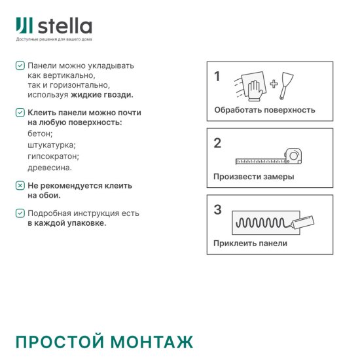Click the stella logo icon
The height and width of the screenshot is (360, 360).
23,26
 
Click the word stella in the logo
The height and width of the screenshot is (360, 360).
65,26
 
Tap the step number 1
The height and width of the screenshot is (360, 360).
217,77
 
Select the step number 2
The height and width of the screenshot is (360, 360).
217,143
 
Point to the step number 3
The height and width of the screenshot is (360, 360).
217,210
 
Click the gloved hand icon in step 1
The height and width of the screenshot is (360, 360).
253,84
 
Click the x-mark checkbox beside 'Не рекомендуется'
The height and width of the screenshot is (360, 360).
20,186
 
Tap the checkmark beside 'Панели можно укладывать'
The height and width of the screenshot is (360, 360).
20,66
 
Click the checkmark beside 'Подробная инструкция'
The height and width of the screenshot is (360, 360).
20,213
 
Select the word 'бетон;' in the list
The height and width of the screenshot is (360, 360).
41,134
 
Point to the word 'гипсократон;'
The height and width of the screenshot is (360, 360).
54,156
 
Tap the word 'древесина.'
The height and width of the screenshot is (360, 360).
50,168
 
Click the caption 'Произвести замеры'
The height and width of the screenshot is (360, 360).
253,177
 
